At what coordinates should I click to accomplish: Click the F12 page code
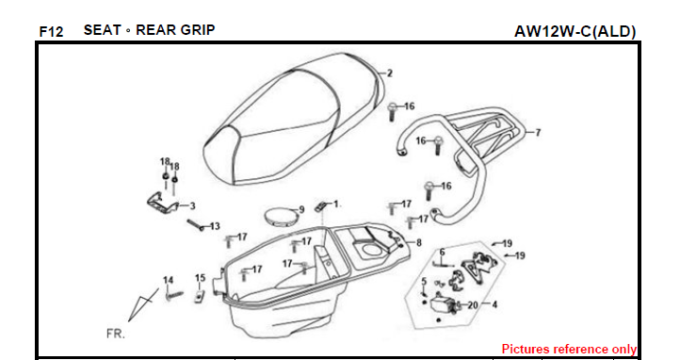[51, 32]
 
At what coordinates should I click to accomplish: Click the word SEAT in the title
[103, 30]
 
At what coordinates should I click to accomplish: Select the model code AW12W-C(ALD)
[575, 31]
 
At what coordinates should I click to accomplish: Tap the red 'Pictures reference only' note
[569, 349]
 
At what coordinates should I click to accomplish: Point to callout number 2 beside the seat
[389, 74]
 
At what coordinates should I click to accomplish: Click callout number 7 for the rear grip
[538, 132]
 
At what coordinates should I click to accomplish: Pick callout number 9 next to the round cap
[301, 210]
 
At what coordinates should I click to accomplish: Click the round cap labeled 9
[280, 217]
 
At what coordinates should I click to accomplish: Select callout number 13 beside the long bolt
[215, 226]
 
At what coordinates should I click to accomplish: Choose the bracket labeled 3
[162, 202]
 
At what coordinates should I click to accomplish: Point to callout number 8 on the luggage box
[418, 243]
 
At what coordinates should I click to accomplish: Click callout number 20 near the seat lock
[472, 305]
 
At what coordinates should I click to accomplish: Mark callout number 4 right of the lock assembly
[494, 304]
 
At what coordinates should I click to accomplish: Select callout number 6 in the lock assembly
[442, 252]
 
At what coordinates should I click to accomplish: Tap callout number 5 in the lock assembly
[424, 282]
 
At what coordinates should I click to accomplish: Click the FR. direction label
[115, 334]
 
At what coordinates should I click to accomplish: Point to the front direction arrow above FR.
[143, 303]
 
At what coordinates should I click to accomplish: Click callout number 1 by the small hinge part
[335, 204]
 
